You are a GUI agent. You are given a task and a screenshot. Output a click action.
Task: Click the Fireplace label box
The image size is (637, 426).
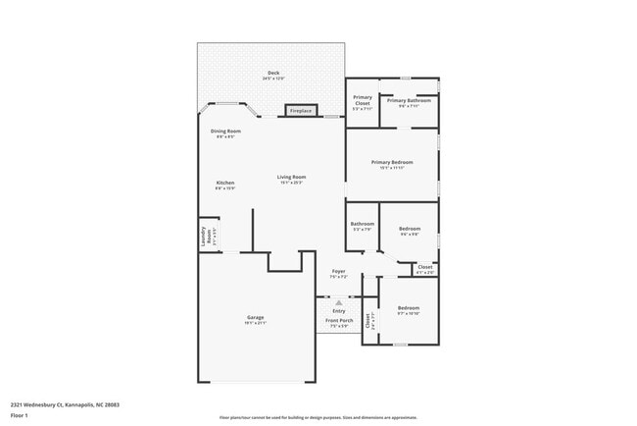(x=300, y=111)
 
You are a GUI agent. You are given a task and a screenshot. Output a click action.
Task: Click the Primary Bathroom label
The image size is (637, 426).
(x=409, y=100)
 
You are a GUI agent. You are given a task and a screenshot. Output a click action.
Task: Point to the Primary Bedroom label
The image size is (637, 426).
(x=392, y=162)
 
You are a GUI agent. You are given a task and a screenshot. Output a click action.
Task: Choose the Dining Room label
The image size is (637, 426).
(x=225, y=132)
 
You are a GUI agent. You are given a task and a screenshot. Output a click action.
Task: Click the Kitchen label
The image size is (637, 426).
(x=225, y=184)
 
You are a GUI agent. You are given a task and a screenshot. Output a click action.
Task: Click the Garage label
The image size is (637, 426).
(x=255, y=318)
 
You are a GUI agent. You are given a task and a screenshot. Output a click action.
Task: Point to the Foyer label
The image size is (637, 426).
(x=338, y=272)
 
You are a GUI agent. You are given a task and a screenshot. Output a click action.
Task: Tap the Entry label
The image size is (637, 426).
(x=338, y=311)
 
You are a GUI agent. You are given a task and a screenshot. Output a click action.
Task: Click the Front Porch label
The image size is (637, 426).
(x=338, y=322)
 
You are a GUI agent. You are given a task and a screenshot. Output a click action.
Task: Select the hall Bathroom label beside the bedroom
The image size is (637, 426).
(x=362, y=225)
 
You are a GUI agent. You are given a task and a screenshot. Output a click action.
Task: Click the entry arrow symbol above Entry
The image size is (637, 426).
(x=338, y=302)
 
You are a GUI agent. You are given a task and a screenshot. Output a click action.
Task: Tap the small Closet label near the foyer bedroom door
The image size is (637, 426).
(x=425, y=267)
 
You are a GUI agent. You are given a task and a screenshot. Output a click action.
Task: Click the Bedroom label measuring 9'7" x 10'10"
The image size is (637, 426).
(x=408, y=310)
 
